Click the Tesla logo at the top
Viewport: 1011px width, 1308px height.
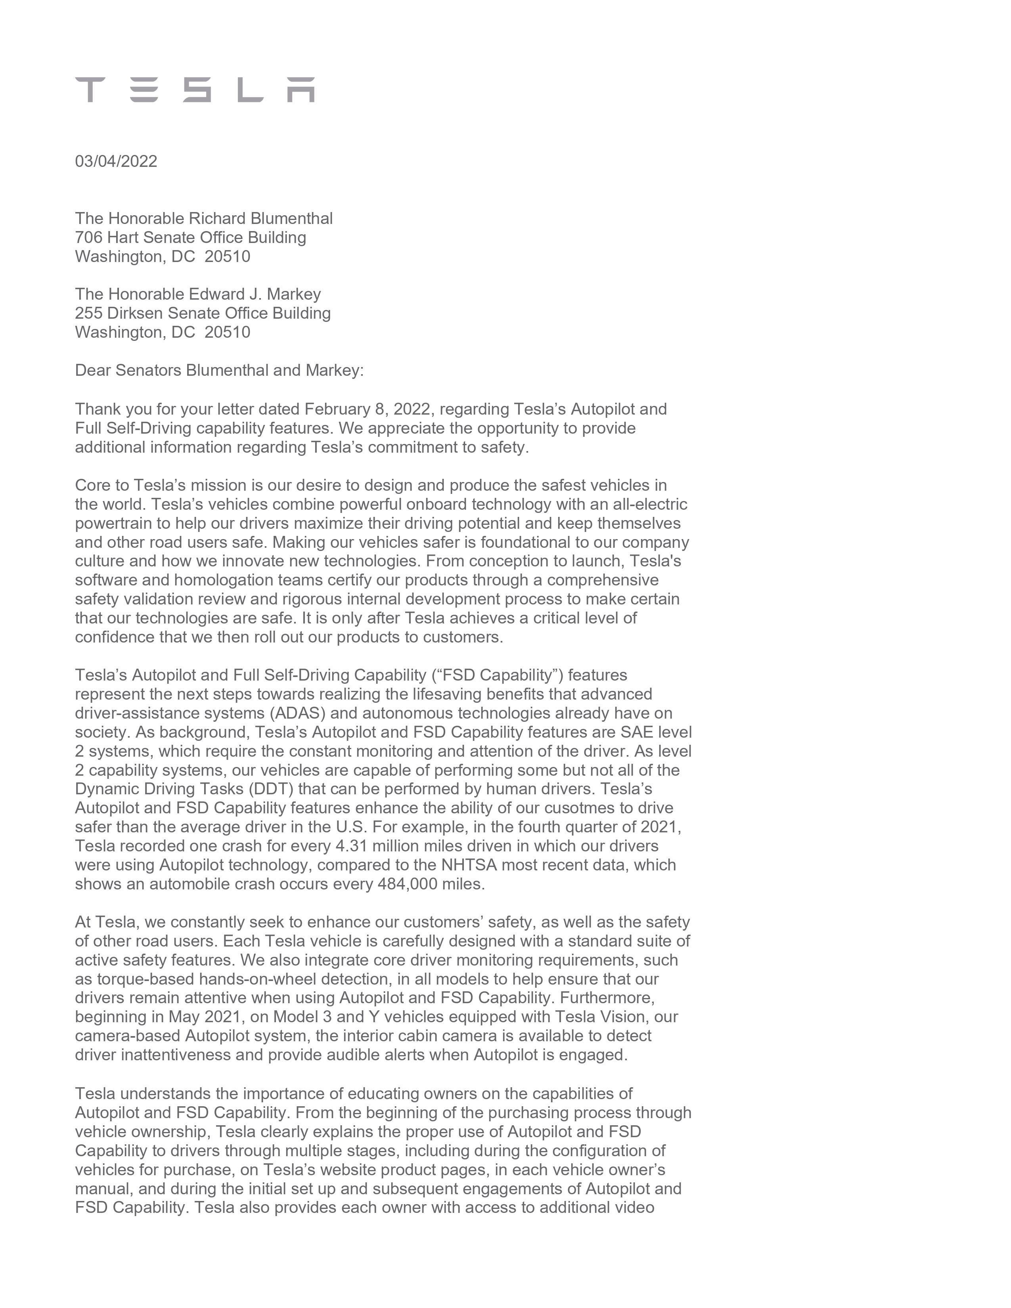pos(195,90)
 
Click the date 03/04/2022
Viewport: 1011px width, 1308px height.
pos(116,161)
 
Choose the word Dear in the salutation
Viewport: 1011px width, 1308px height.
pos(93,370)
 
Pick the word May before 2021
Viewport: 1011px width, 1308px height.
pos(184,1017)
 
